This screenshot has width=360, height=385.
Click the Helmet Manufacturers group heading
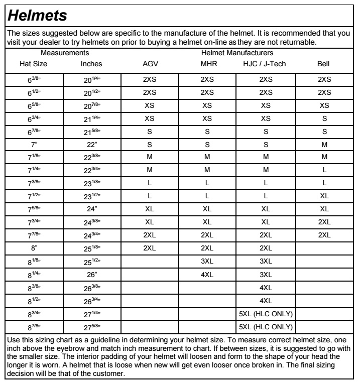click(236, 52)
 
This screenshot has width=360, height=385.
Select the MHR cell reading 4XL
click(208, 275)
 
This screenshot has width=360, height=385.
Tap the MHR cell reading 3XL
click(208, 262)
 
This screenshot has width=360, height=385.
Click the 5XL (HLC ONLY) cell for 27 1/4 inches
click(266, 314)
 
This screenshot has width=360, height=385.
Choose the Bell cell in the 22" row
click(324, 145)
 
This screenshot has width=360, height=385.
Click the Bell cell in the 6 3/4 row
click(324, 118)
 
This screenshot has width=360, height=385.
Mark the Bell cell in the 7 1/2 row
click(324, 197)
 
